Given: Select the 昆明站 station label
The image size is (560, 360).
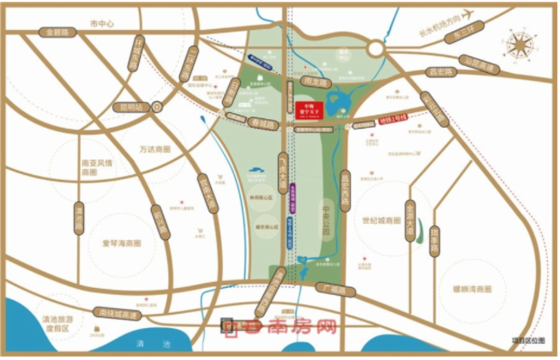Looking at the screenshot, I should click(x=135, y=108).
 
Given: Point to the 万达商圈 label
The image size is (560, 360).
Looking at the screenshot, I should click(x=154, y=149).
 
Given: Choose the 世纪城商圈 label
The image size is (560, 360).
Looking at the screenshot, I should click(x=381, y=220).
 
